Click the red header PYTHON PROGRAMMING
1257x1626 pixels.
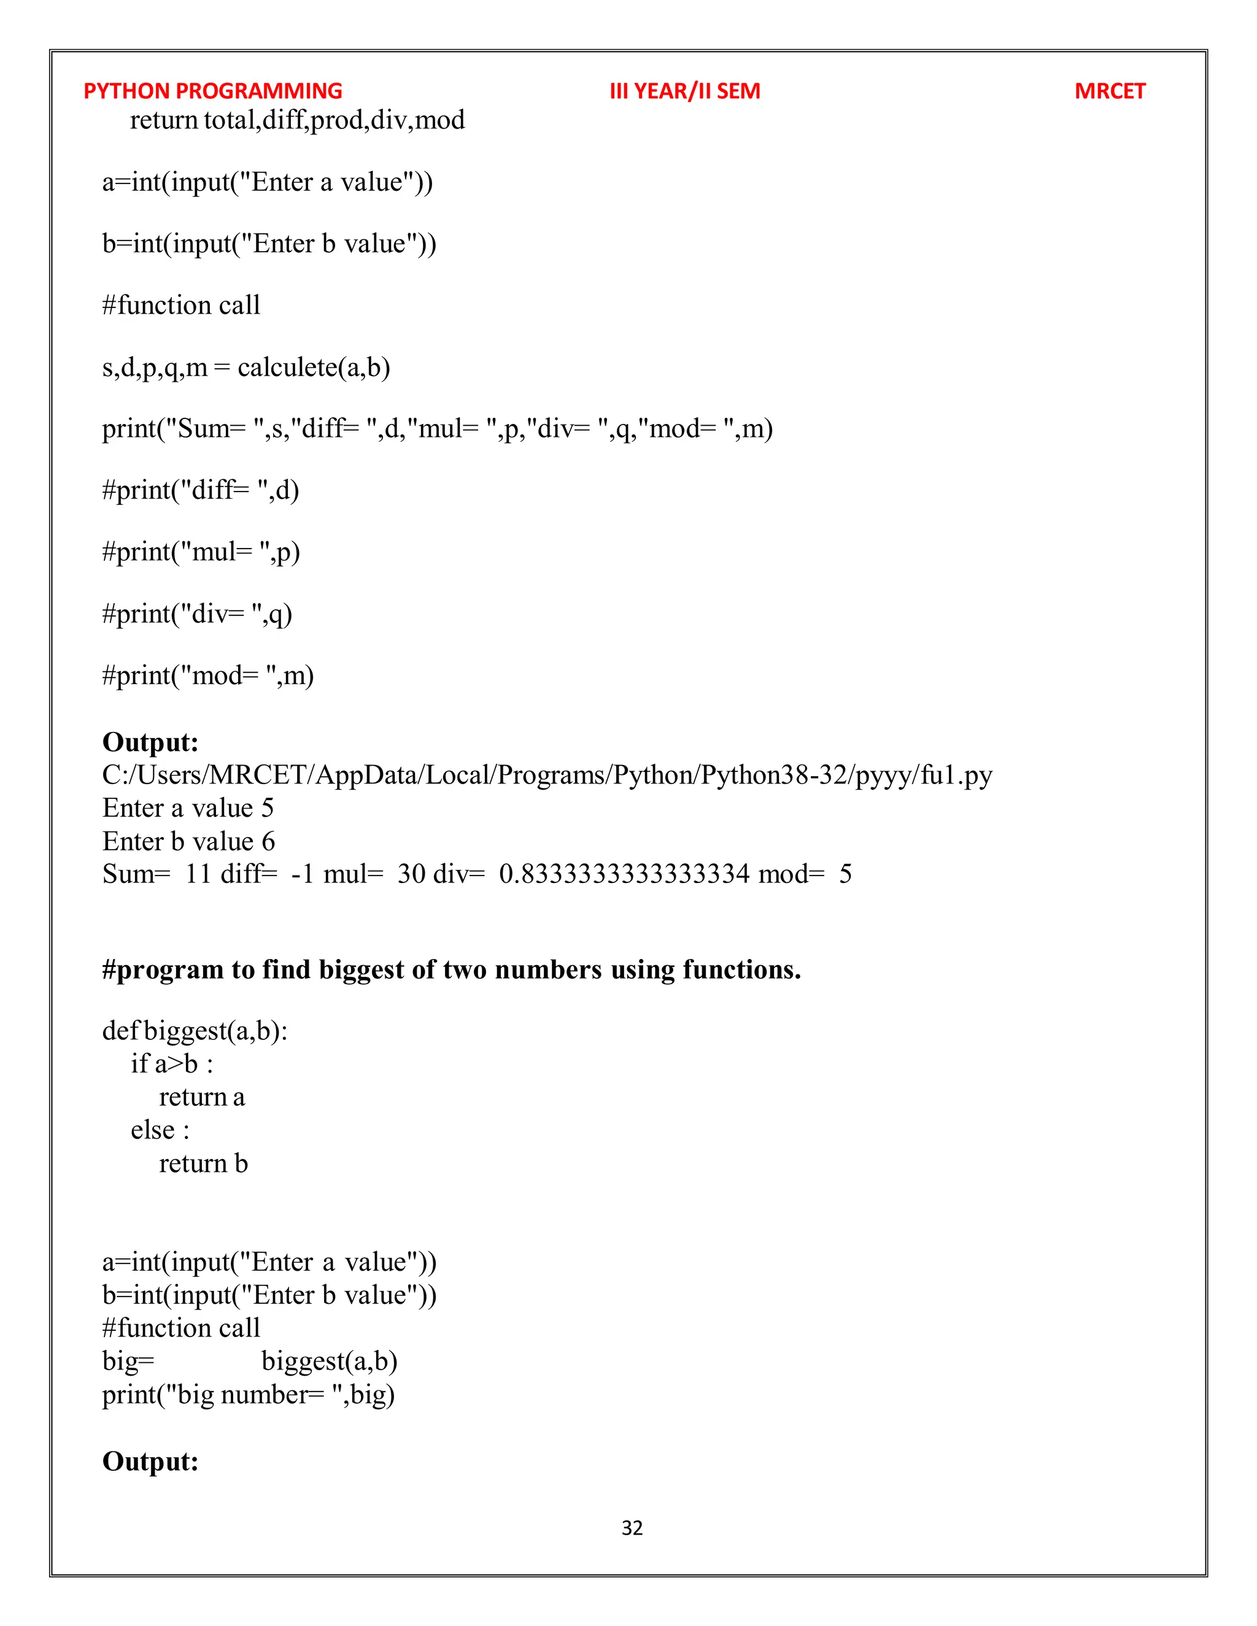point(212,91)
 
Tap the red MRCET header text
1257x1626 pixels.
point(1109,91)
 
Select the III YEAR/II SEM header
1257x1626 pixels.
point(684,91)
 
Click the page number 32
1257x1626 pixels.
point(632,1528)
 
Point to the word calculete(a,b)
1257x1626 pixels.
point(314,367)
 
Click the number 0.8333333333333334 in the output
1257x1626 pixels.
point(624,874)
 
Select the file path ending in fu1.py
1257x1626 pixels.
point(547,775)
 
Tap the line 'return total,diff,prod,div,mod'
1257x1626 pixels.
point(297,120)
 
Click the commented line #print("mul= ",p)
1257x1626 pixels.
point(201,552)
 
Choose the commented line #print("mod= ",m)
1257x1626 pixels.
point(208,676)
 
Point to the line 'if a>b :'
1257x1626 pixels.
point(172,1064)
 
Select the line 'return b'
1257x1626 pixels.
point(203,1163)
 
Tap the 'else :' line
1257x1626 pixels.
point(160,1130)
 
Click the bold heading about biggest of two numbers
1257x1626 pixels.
point(451,969)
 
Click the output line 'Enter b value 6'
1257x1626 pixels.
point(188,841)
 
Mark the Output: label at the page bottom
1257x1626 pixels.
point(150,1461)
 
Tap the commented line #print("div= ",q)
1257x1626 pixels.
point(198,614)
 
